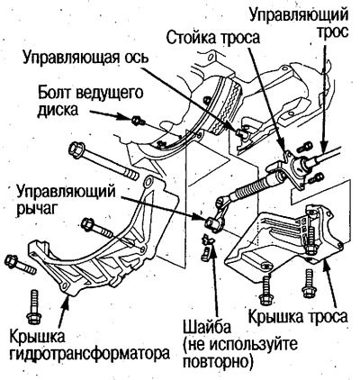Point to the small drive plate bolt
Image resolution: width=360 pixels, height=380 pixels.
(136, 120)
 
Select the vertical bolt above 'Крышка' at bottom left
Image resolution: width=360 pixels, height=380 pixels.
(33, 297)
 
